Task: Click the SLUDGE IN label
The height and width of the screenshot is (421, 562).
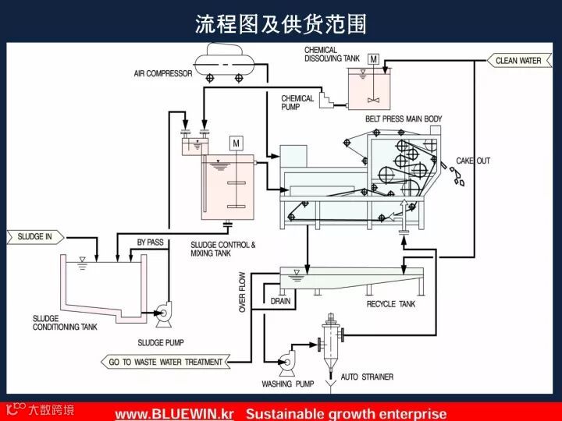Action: (33, 235)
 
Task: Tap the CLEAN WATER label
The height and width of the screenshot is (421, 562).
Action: (518, 60)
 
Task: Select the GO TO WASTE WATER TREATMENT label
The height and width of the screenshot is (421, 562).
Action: (165, 362)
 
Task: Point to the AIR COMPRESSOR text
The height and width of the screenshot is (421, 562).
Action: (162, 74)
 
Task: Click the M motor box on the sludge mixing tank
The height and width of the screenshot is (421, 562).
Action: (235, 143)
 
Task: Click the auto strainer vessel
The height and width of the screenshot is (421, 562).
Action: (333, 341)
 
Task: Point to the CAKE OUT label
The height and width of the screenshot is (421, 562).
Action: (473, 161)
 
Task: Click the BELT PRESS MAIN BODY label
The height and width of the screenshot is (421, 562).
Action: (404, 119)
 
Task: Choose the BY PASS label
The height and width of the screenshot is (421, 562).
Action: (150, 242)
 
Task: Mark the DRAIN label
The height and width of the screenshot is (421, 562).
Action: (280, 300)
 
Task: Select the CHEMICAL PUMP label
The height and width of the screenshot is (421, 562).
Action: (297, 102)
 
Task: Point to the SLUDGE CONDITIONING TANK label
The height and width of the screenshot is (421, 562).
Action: (65, 323)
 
